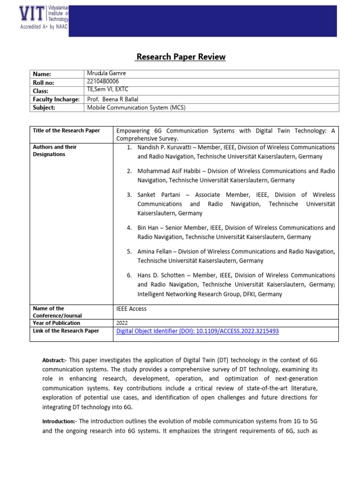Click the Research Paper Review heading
pyautogui.click(x=180, y=57)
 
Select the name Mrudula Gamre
pyautogui.click(x=107, y=74)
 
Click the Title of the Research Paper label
pyautogui.click(x=66, y=131)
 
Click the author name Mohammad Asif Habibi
pyautogui.click(x=171, y=171)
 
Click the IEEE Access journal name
pyautogui.click(x=131, y=309)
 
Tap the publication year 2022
pyautogui.click(x=121, y=323)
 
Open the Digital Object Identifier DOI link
pyautogui.click(x=197, y=331)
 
